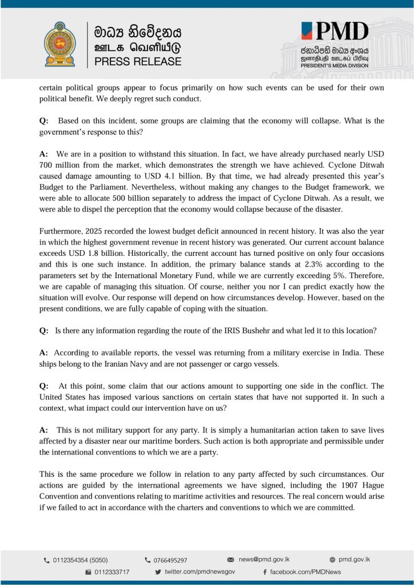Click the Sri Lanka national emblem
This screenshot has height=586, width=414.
tap(59, 44)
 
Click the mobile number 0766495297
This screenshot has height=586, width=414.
tap(170, 560)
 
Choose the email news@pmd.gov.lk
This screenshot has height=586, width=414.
tap(261, 559)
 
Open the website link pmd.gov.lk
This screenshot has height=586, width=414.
tap(355, 559)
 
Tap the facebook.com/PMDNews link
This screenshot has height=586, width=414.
tap(305, 572)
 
